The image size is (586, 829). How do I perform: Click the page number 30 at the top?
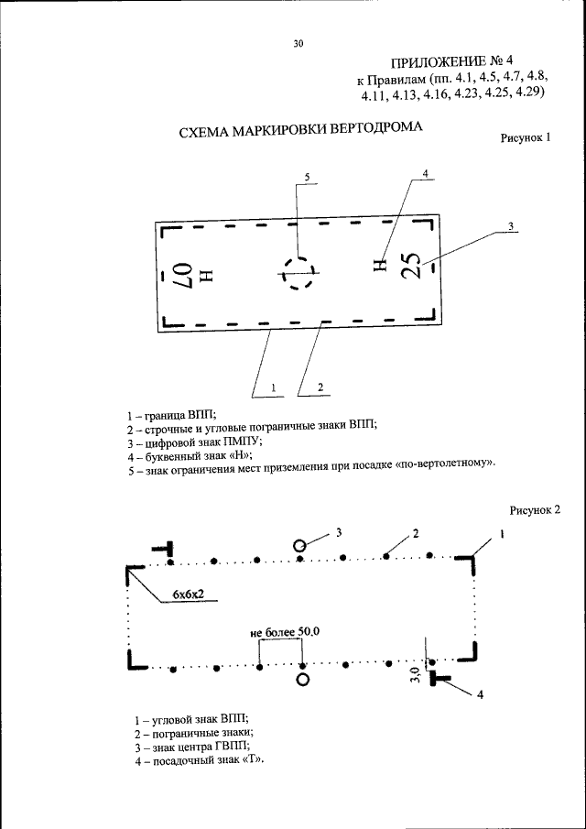pyautogui.click(x=298, y=43)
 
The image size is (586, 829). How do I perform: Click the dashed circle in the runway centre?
pyautogui.click(x=298, y=272)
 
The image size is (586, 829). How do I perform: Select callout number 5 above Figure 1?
pyautogui.click(x=307, y=176)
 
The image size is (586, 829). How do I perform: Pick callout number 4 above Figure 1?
pyautogui.click(x=425, y=173)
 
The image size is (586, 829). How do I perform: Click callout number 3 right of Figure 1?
pyautogui.click(x=510, y=225)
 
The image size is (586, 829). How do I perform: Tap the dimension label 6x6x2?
pyautogui.click(x=185, y=596)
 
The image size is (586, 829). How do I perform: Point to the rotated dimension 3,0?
pyautogui.click(x=415, y=677)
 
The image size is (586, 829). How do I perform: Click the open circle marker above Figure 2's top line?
pyautogui.click(x=298, y=544)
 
